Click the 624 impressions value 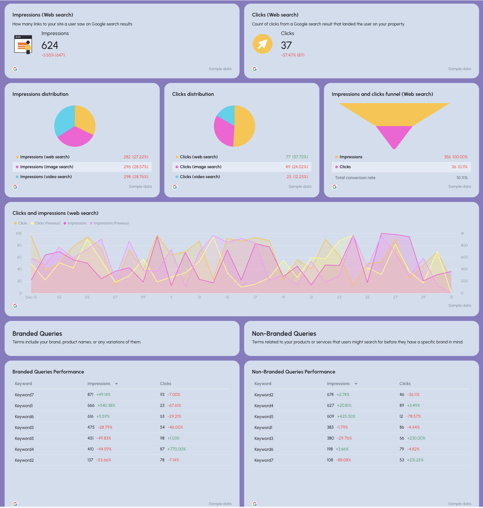click(50, 45)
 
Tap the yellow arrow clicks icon click(262, 44)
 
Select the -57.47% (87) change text click(293, 55)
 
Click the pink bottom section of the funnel click(394, 136)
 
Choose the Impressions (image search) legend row click(47, 167)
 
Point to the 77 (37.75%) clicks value click(297, 157)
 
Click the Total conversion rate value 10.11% click(462, 178)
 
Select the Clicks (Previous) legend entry click(47, 223)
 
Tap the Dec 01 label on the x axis click(31, 297)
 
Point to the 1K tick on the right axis click(462, 234)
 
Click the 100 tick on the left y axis click(18, 234)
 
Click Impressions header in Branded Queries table click(99, 384)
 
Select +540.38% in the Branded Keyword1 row click(106, 406)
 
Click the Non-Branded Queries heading click(284, 333)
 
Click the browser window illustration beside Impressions click(23, 44)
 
